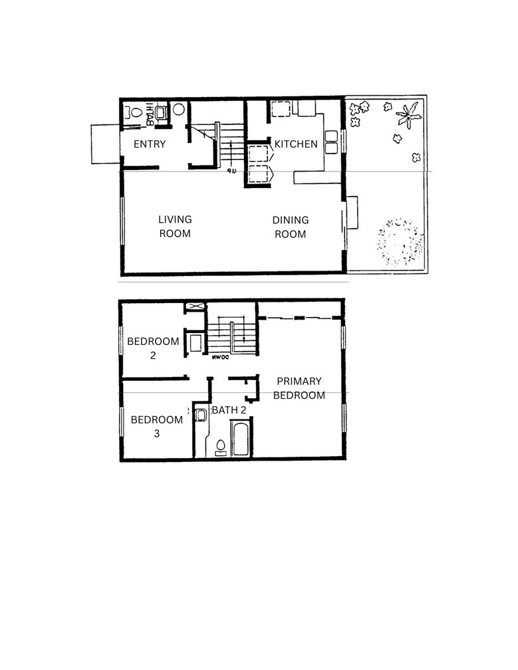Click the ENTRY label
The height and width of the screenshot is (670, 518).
point(149,144)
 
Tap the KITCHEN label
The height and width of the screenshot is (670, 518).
point(296,144)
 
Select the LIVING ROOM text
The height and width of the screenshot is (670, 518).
point(175,227)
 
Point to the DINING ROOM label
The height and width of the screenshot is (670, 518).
point(291,227)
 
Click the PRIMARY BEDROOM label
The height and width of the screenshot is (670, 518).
point(299,388)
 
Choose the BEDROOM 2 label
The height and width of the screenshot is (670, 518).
point(153,348)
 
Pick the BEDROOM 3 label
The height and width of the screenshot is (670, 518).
point(156,426)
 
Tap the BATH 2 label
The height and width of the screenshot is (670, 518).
point(229,410)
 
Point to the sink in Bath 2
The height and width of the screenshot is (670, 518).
point(201,415)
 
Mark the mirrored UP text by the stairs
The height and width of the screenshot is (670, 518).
point(231,171)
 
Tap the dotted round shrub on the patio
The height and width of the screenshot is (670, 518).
point(399,243)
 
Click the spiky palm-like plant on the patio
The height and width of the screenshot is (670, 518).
point(408,116)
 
